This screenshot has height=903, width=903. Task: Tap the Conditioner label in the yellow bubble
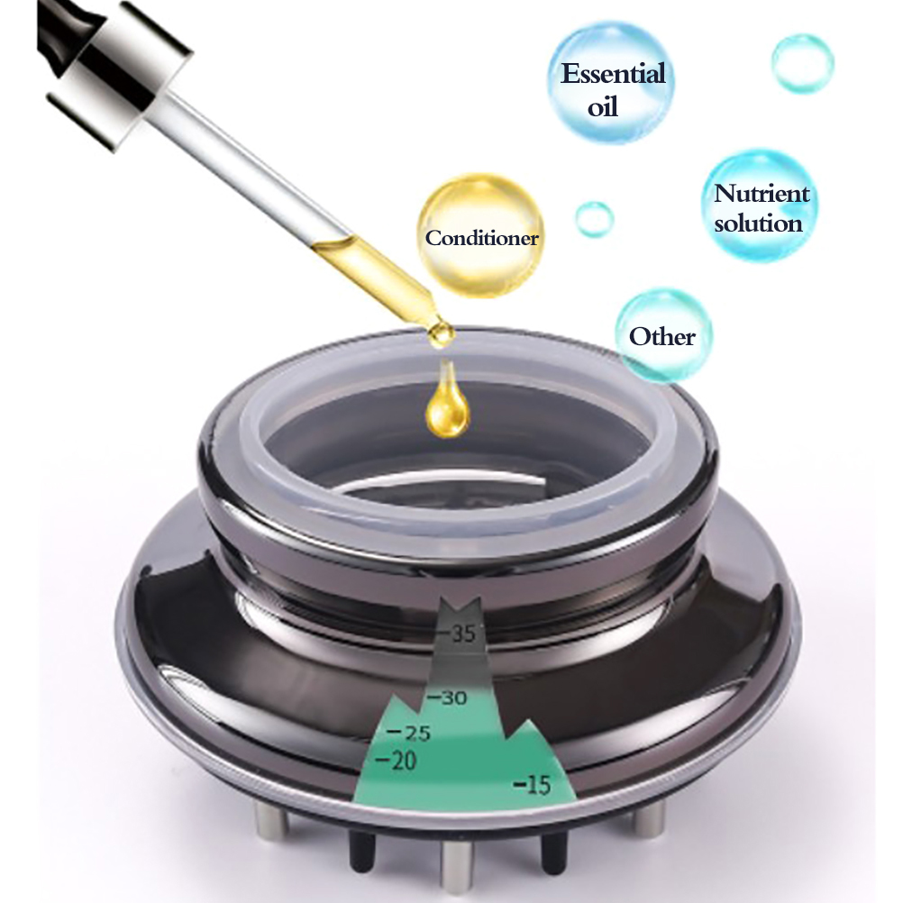[x=482, y=238]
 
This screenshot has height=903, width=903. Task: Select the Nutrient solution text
[x=762, y=208]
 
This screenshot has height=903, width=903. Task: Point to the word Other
[x=662, y=336]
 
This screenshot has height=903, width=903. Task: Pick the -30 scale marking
[x=446, y=698]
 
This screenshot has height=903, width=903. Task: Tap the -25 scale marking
[x=409, y=733]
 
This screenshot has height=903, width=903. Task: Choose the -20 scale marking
[x=396, y=761]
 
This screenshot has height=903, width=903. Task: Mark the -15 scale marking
[x=532, y=784]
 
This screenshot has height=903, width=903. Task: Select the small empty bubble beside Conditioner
[x=594, y=219]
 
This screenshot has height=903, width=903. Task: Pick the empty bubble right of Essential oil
[x=802, y=63]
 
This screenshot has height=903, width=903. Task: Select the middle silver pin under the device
[x=457, y=864]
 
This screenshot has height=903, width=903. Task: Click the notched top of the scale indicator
[x=460, y=606]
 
